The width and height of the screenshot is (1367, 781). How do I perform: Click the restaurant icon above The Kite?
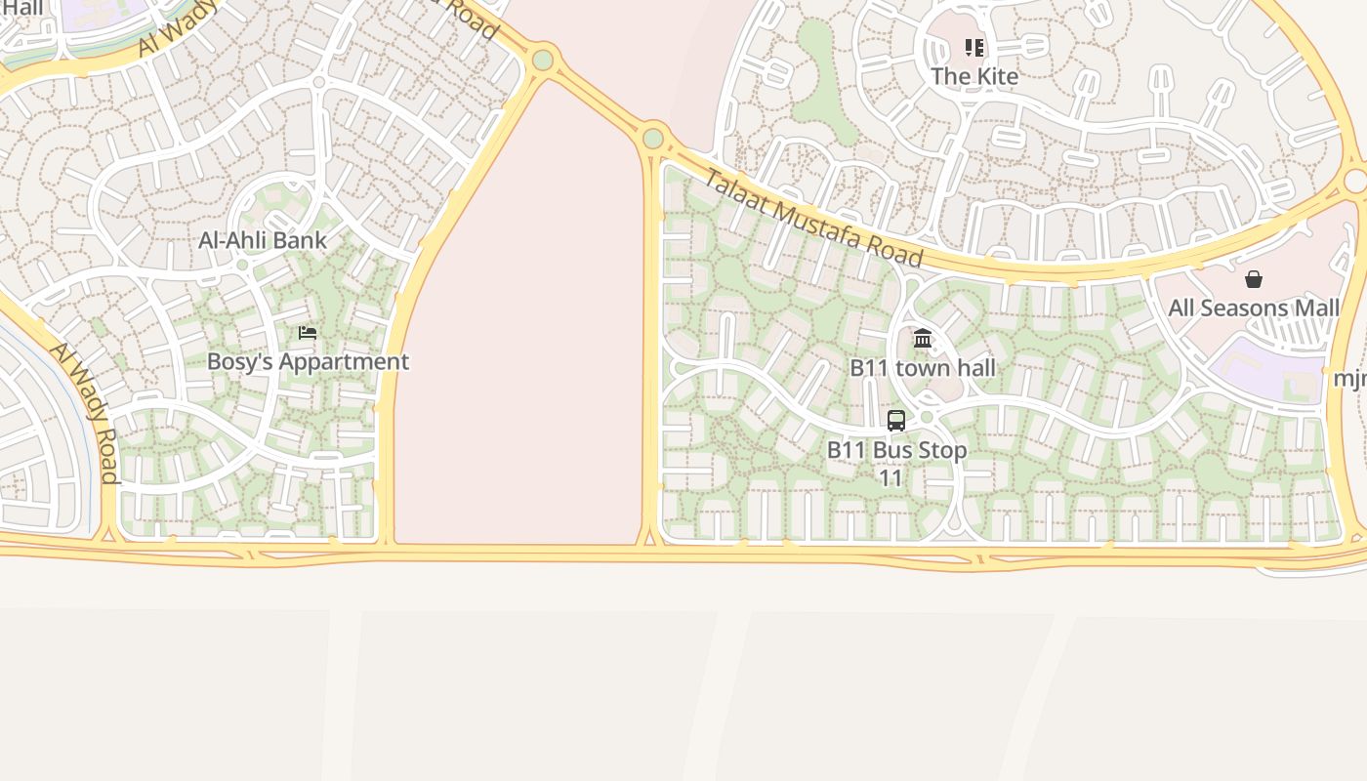click(973, 48)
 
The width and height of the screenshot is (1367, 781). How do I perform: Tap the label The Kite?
click(973, 76)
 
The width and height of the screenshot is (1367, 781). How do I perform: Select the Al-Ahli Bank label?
click(263, 239)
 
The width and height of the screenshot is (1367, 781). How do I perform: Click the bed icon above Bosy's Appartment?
click(308, 333)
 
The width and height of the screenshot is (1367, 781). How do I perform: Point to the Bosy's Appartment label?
click(308, 361)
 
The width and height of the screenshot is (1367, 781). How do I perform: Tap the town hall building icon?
click(923, 339)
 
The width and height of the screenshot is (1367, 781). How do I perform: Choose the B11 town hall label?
click(923, 367)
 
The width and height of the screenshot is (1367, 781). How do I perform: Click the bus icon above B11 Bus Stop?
click(896, 421)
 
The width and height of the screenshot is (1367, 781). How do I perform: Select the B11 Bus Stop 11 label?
click(896, 463)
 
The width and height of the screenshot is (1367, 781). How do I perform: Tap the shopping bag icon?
click(1254, 280)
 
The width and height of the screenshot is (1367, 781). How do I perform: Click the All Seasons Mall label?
click(1254, 308)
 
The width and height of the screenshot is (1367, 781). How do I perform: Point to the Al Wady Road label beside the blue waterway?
click(84, 412)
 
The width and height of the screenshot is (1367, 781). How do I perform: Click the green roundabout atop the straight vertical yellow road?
click(653, 139)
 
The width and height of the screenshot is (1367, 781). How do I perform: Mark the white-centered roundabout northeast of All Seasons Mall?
click(1355, 181)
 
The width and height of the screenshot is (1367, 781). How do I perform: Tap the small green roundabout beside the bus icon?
click(927, 418)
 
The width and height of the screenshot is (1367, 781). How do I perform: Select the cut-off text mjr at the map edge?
click(1350, 378)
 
